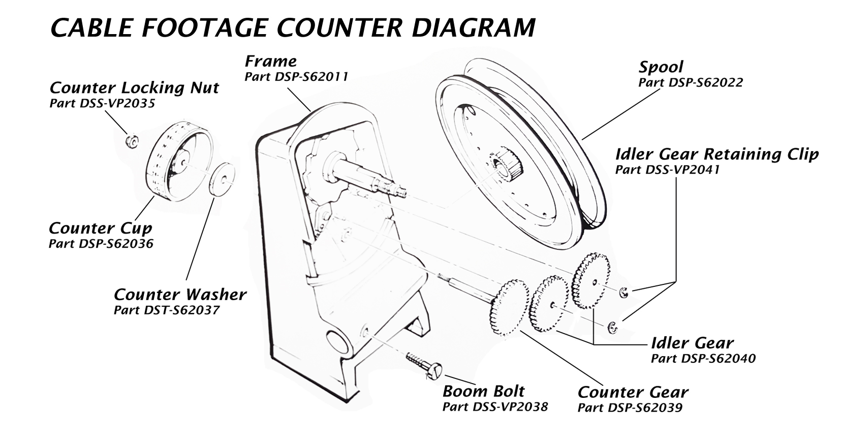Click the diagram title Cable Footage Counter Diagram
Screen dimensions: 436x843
(293, 28)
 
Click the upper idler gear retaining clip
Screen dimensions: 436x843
(624, 292)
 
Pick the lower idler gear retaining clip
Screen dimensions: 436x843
(612, 327)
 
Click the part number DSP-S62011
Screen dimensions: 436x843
(296, 77)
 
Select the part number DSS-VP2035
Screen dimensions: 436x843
(102, 103)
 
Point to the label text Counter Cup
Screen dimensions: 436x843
(100, 228)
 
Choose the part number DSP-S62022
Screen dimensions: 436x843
(691, 82)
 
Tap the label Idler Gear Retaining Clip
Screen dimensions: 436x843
(717, 154)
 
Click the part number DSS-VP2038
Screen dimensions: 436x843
(495, 406)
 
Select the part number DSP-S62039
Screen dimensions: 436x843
(630, 408)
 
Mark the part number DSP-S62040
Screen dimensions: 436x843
(703, 358)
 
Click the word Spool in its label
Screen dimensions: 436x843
(661, 67)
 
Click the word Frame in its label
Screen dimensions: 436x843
(271, 61)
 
